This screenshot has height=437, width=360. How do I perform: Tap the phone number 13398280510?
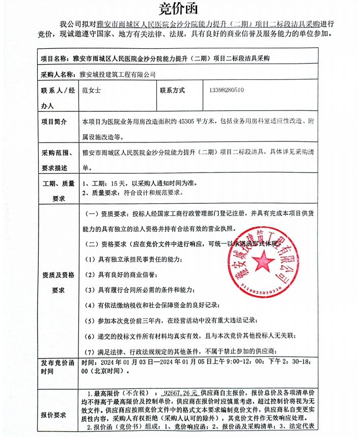click(x=226, y=91)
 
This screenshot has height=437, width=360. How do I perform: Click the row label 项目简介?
click(x=57, y=122)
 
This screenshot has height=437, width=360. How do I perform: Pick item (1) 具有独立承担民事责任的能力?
click(x=133, y=259)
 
